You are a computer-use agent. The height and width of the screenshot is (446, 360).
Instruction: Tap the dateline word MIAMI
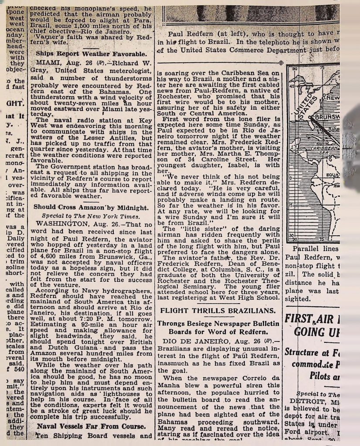[x=50, y=63]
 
